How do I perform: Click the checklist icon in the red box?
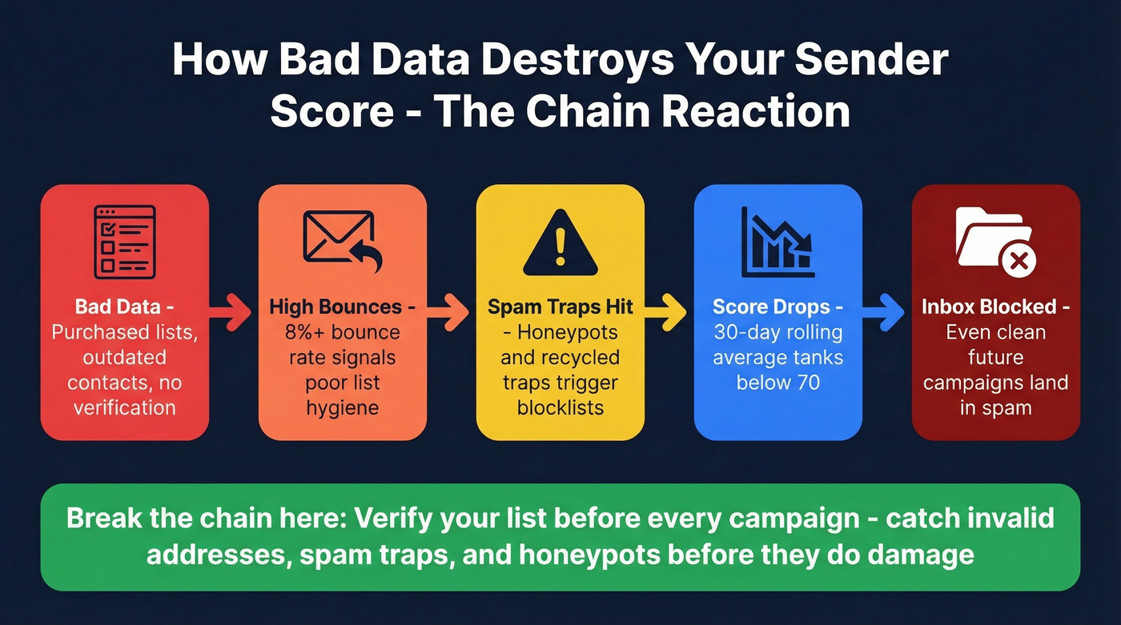tap(124, 241)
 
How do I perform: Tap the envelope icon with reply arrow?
tap(342, 241)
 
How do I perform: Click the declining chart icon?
tap(777, 241)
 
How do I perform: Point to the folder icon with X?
tap(995, 239)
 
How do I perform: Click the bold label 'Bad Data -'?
tap(124, 307)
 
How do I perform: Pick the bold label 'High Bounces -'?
tap(342, 307)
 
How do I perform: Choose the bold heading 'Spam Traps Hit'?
tap(560, 307)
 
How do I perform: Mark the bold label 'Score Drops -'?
tap(777, 307)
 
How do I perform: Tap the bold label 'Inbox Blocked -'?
tap(995, 307)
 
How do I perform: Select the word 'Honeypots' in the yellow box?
tap(566, 332)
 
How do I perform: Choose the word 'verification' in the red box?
tap(124, 408)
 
